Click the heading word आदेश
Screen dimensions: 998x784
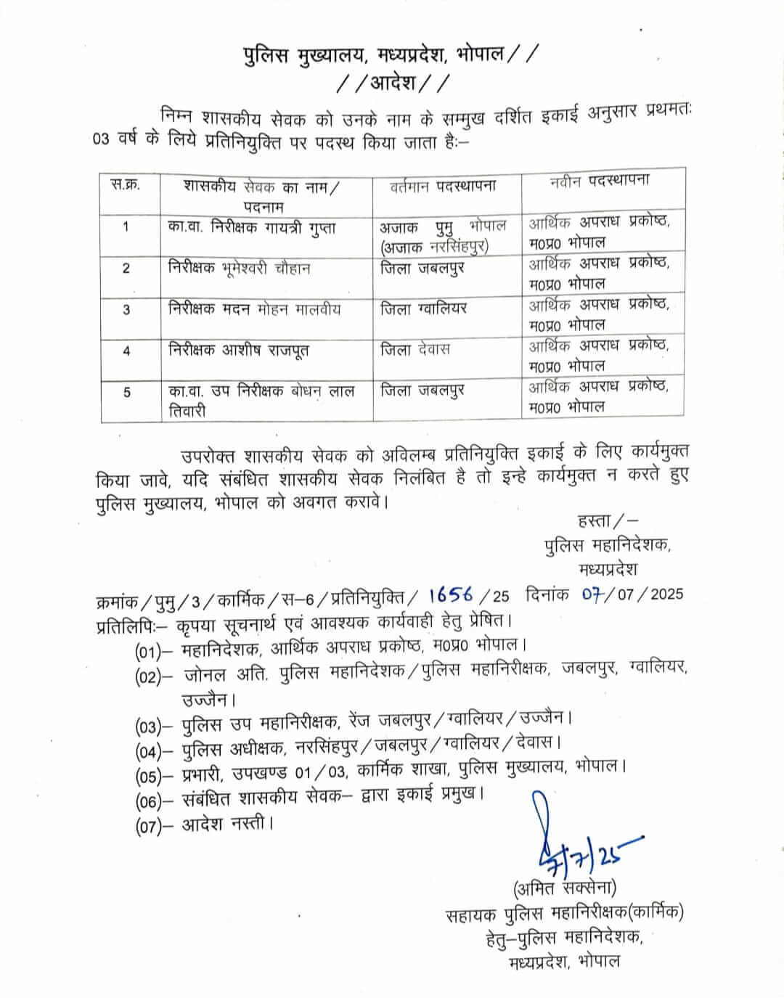[x=393, y=82]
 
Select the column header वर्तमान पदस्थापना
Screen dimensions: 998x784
[x=443, y=186]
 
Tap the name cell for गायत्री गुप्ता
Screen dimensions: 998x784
[x=252, y=227]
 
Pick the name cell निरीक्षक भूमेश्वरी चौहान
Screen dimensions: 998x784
[x=239, y=268]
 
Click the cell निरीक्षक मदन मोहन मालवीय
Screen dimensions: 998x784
[x=254, y=309]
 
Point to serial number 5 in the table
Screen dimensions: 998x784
[x=127, y=393]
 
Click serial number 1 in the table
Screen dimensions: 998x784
[x=126, y=227]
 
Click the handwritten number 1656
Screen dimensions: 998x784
[x=451, y=595]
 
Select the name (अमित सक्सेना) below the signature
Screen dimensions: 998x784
[x=564, y=887]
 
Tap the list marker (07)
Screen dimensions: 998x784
[x=148, y=827]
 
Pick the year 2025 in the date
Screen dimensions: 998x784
[x=666, y=594]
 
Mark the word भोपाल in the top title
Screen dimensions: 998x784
[x=479, y=55]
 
